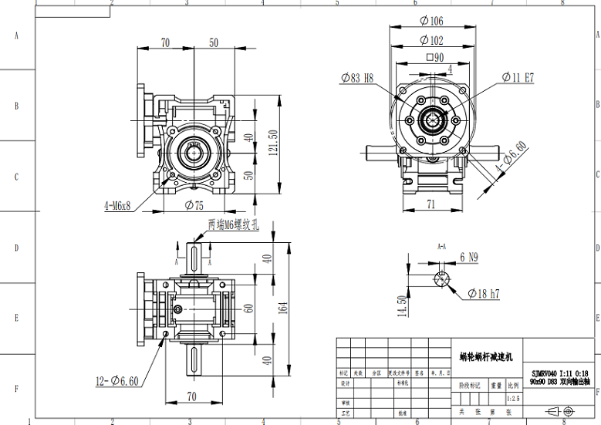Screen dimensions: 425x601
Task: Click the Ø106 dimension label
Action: pyautogui.click(x=432, y=21)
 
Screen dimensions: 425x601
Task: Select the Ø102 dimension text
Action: pyautogui.click(x=432, y=40)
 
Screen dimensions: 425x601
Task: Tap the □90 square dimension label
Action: pyautogui.click(x=435, y=58)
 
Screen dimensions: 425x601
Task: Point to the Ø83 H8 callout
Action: pyautogui.click(x=356, y=77)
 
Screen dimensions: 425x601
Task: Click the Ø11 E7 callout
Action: pyautogui.click(x=518, y=77)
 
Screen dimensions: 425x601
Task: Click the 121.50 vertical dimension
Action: pyautogui.click(x=272, y=143)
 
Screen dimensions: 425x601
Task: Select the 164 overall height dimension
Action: pyautogui.click(x=283, y=308)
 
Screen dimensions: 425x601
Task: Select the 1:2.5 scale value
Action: pyautogui.click(x=513, y=399)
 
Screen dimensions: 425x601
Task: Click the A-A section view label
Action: pyautogui.click(x=442, y=247)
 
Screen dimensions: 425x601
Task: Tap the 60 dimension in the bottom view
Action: pyautogui.click(x=248, y=307)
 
